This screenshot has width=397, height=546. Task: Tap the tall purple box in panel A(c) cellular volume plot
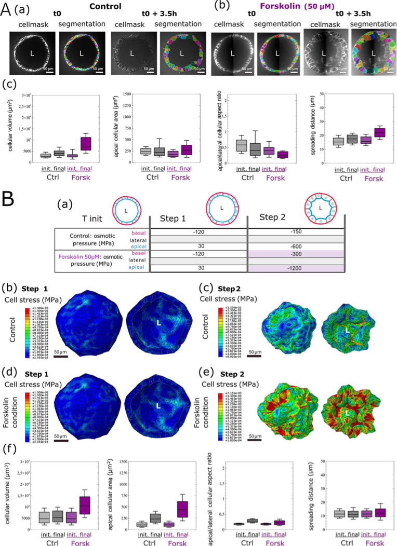[85, 143]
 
